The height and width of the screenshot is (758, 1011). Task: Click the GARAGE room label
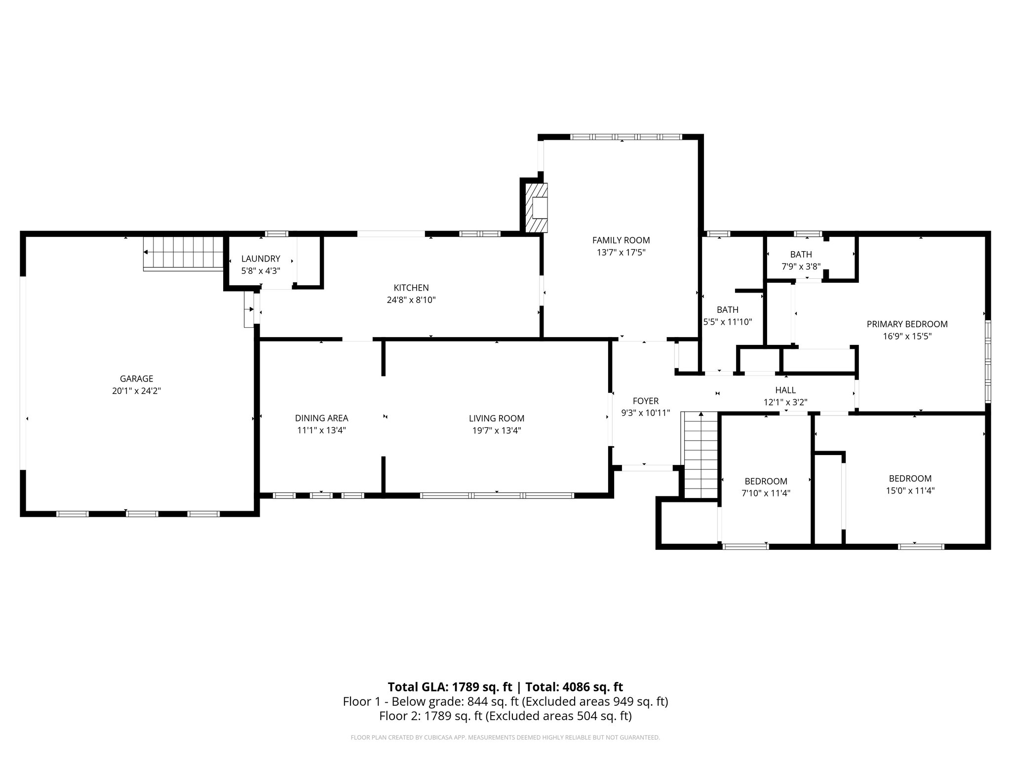pyautogui.click(x=136, y=379)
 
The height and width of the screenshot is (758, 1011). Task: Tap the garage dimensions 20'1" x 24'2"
pyautogui.click(x=136, y=391)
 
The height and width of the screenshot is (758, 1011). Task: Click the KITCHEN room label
pyautogui.click(x=411, y=288)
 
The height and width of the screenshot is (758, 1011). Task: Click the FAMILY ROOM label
pyautogui.click(x=621, y=240)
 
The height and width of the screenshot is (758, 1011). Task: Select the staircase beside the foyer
pyautogui.click(x=700, y=454)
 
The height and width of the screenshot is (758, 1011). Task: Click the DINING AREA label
pyautogui.click(x=321, y=418)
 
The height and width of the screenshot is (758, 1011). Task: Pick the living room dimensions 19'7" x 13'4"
pyautogui.click(x=497, y=430)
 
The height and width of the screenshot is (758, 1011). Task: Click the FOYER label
pyautogui.click(x=645, y=401)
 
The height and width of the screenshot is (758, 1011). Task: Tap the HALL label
pyautogui.click(x=785, y=390)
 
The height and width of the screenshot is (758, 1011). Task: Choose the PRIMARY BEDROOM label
pyautogui.click(x=907, y=324)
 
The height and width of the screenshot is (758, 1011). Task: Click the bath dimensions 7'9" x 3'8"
pyautogui.click(x=801, y=266)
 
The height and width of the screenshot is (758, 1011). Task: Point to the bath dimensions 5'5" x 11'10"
pyautogui.click(x=728, y=322)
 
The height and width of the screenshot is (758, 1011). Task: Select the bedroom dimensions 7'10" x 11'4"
pyautogui.click(x=766, y=493)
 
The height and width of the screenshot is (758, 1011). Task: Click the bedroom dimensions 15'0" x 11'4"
pyautogui.click(x=910, y=491)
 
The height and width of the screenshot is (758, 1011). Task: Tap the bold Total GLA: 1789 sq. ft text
pyautogui.click(x=450, y=687)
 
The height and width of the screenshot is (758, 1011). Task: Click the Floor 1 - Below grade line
pyautogui.click(x=505, y=702)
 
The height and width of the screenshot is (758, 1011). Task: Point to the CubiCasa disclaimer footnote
pyautogui.click(x=505, y=738)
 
